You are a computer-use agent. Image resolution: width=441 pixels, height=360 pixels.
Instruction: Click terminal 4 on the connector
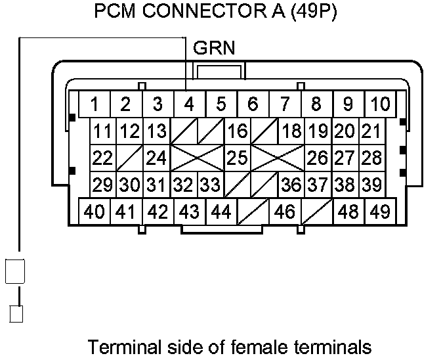tap(189, 104)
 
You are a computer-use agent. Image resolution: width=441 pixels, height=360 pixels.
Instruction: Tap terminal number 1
tap(94, 104)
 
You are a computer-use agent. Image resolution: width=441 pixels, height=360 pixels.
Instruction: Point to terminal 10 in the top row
tap(379, 104)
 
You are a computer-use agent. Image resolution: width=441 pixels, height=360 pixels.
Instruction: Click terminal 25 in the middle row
tap(237, 158)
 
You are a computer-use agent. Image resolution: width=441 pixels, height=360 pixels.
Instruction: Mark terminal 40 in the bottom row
tap(94, 212)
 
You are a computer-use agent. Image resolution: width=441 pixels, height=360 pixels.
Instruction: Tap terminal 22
tap(102, 158)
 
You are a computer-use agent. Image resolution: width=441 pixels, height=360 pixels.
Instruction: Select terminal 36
tap(291, 185)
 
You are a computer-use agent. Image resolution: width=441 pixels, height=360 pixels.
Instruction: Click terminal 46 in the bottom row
tap(284, 212)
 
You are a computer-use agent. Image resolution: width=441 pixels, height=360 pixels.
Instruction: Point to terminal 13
tap(156, 131)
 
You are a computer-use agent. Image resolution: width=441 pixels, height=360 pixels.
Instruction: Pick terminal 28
tap(371, 158)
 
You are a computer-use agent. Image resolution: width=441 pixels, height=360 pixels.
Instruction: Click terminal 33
tap(210, 185)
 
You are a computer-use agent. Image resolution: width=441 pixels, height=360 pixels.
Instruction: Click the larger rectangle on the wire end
tap(15, 271)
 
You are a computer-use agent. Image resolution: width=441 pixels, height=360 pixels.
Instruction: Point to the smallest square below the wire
tap(16, 313)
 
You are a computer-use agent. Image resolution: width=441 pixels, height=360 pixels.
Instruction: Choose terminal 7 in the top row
tap(284, 104)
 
